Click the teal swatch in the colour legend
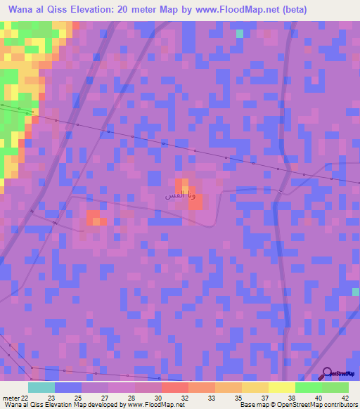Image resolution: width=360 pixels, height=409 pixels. point(41,387)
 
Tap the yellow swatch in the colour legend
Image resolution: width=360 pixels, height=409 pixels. point(281,387)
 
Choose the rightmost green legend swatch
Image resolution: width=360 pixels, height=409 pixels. point(335,387)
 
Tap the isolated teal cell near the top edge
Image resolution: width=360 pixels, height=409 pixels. point(240,33)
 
